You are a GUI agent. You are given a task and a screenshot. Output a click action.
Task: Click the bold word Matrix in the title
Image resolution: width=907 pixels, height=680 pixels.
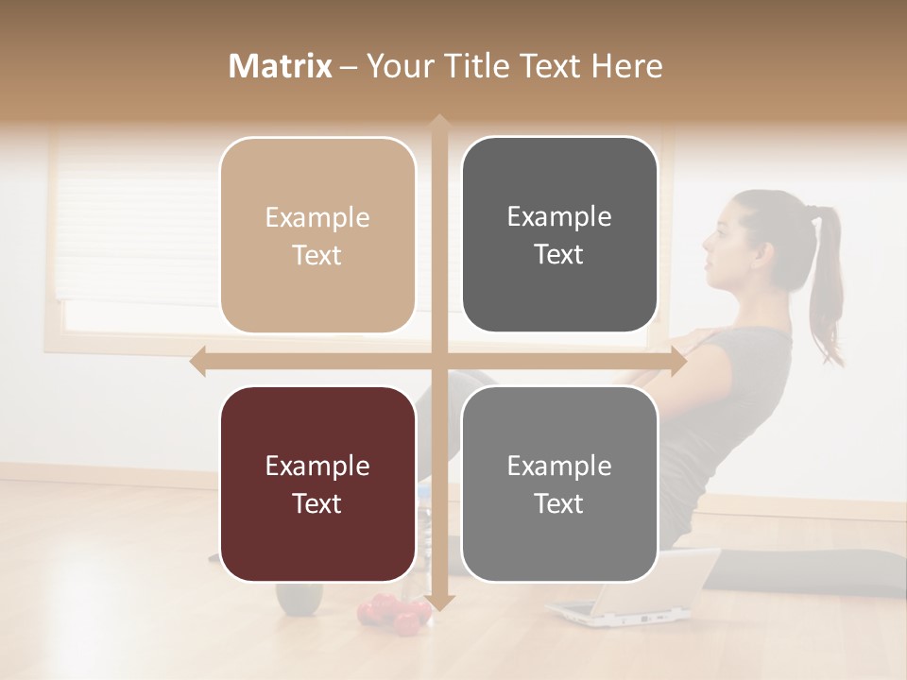tap(281, 66)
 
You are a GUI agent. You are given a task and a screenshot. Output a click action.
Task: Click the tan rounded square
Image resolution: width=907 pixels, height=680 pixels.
tap(317, 235)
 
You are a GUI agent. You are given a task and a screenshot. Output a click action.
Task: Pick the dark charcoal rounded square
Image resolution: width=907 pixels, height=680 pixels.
tap(559, 235)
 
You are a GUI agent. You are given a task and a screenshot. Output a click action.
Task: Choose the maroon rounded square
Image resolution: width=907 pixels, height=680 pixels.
tap(317, 484)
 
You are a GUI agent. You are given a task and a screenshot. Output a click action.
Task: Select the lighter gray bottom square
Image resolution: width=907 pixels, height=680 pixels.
tap(559, 484)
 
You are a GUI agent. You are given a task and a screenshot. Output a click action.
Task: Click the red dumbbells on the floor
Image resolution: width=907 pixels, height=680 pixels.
tap(392, 612)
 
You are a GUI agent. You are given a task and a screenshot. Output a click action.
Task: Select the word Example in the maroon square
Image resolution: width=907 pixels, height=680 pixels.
tap(317, 466)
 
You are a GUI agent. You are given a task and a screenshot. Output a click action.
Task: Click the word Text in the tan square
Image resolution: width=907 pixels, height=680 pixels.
tap(317, 255)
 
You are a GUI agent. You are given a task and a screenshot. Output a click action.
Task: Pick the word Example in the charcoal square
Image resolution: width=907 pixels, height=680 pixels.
tap(559, 216)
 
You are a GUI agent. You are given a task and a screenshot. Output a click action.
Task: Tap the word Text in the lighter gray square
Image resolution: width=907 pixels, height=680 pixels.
tap(559, 503)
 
